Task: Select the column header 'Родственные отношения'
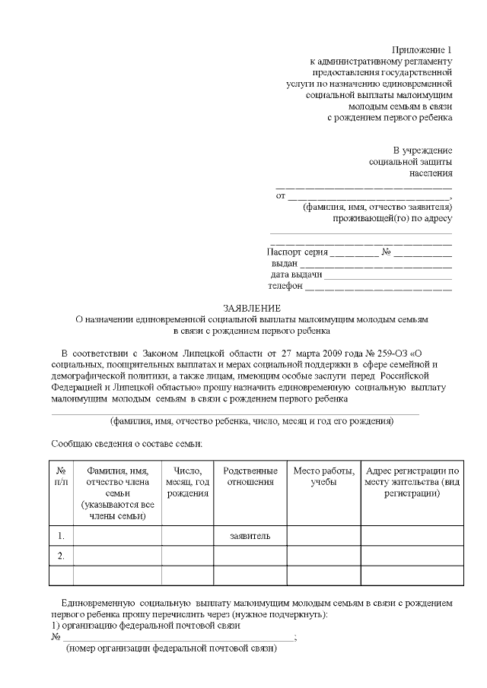click(x=250, y=477)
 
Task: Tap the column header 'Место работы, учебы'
click(x=323, y=477)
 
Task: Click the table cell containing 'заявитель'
click(x=250, y=537)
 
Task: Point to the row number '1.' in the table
click(x=62, y=537)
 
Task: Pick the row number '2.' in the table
click(x=62, y=556)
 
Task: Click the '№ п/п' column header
click(x=62, y=477)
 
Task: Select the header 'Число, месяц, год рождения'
click(x=187, y=482)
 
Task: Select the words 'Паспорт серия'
click(x=298, y=252)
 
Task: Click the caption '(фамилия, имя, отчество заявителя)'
click(x=377, y=207)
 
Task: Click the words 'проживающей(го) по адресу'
click(x=393, y=218)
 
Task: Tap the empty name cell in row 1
click(x=117, y=537)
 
